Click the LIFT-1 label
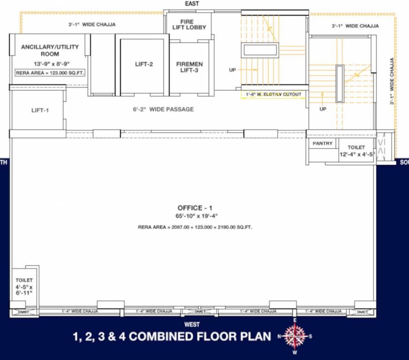40,110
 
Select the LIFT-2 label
144,64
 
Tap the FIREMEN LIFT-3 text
189,67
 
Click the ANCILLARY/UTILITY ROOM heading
50,50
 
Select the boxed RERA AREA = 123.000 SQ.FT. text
50,73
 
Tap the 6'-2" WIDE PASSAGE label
162,109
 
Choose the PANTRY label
322,143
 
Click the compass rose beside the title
295,336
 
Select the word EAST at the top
192,4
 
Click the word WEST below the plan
192,324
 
